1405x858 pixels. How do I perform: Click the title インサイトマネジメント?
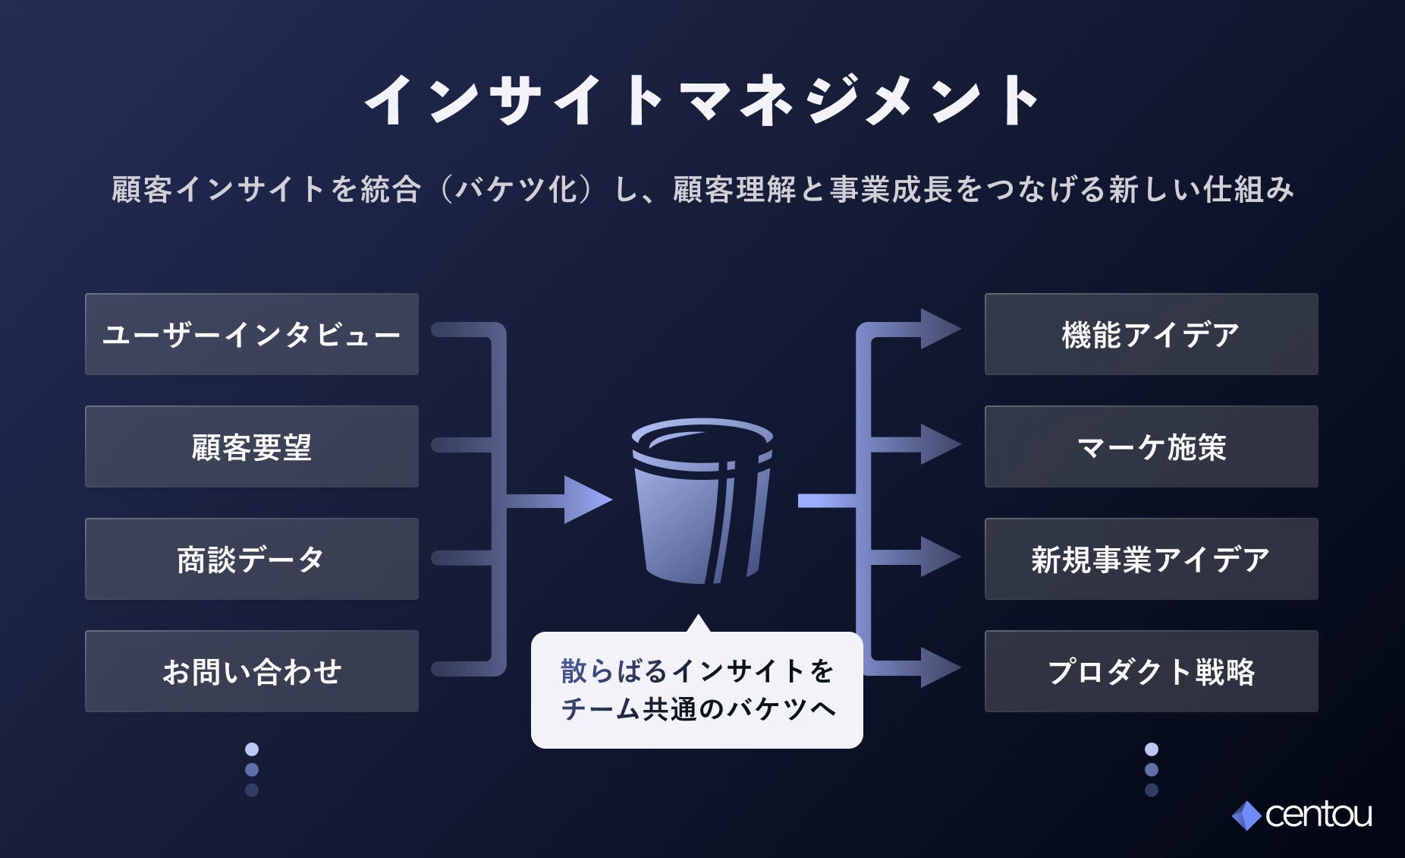(702, 100)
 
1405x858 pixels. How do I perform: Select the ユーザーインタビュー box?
(252, 334)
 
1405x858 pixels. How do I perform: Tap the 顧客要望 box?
(252, 446)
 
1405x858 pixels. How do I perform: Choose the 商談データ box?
(252, 559)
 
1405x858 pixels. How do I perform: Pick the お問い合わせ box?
(252, 671)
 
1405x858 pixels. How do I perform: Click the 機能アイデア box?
(1151, 334)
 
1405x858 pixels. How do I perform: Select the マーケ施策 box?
(1151, 446)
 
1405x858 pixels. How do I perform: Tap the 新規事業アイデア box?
(1151, 559)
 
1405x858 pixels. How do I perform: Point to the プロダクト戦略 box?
(1151, 671)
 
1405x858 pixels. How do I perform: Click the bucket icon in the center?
(702, 501)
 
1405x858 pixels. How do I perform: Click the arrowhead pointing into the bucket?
(586, 500)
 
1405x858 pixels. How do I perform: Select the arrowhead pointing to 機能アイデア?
(939, 329)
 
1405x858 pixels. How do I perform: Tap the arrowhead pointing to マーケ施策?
(939, 444)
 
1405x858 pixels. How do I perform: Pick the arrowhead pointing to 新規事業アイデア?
(939, 557)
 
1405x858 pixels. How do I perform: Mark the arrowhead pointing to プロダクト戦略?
(939, 668)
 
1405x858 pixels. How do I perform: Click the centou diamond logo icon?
(1246, 815)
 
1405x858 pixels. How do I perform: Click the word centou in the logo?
(1319, 815)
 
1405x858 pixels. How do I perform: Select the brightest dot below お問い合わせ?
(252, 749)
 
